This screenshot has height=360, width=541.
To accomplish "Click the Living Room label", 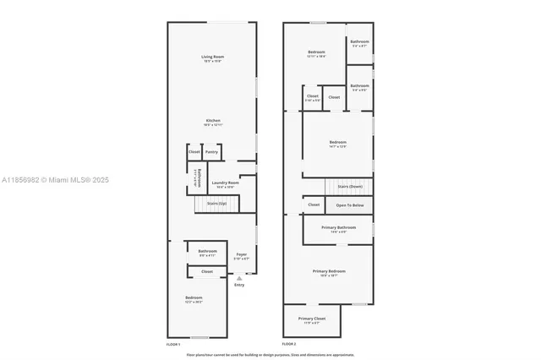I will pos(212,57).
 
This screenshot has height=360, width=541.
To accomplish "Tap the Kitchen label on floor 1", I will pos(212,121).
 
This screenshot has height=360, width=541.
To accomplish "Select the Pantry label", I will pos(211,152).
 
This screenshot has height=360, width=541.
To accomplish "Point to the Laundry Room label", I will pos(225,183).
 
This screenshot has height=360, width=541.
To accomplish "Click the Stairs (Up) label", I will pos(217,204).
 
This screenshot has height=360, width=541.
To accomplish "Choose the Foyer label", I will pos(242,254).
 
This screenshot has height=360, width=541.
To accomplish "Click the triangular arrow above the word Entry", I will pos(239,277).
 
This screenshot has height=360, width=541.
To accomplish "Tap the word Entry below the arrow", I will pos(239,285).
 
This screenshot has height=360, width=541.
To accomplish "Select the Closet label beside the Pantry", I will pos(194,152).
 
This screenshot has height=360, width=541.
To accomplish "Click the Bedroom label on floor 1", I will pos(194,297).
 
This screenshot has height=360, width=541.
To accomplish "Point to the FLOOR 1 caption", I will pos(173,344).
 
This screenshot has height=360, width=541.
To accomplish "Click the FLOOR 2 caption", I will pos(289,344).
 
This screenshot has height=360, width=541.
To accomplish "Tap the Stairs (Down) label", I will pos(350,186).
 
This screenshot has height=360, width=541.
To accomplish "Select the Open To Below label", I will pos(350,205).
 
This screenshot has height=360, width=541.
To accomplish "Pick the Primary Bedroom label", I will pos(330,271).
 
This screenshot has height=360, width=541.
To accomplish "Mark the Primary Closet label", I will pos(311,319).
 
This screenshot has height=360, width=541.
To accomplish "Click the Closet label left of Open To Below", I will pos(314,205).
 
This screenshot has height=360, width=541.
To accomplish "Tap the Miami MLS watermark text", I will pos(51,180).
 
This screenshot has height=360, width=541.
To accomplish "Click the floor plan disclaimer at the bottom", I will pos(270,354).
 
